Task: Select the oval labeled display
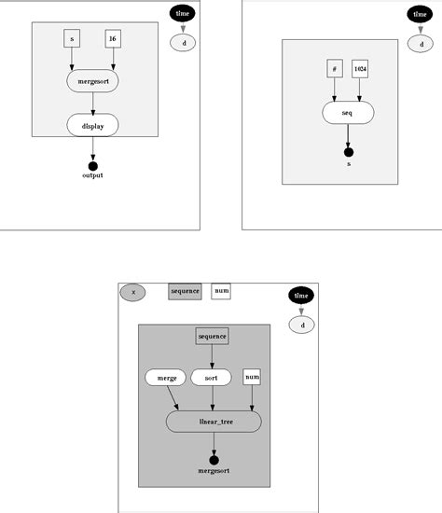pyautogui.click(x=92, y=125)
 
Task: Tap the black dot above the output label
pyautogui.click(x=92, y=166)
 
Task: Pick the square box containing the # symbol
pyautogui.click(x=334, y=69)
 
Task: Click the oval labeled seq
pyautogui.click(x=348, y=113)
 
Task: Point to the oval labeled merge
pyautogui.click(x=166, y=378)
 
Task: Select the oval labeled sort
pyautogui.click(x=211, y=378)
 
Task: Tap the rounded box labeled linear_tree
pyautogui.click(x=214, y=422)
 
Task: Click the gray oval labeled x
pyautogui.click(x=133, y=292)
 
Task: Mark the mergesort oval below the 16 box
pyautogui.click(x=92, y=82)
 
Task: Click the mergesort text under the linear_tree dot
pyautogui.click(x=214, y=471)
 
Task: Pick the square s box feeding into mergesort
pyautogui.click(x=72, y=39)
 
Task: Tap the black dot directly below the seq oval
pyautogui.click(x=348, y=151)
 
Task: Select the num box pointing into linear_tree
pyautogui.click(x=251, y=377)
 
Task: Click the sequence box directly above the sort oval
pyautogui.click(x=212, y=336)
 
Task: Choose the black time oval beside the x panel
pyautogui.click(x=301, y=296)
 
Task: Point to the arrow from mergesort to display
pyautogui.click(x=92, y=104)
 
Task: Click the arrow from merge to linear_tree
pyautogui.click(x=173, y=399)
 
